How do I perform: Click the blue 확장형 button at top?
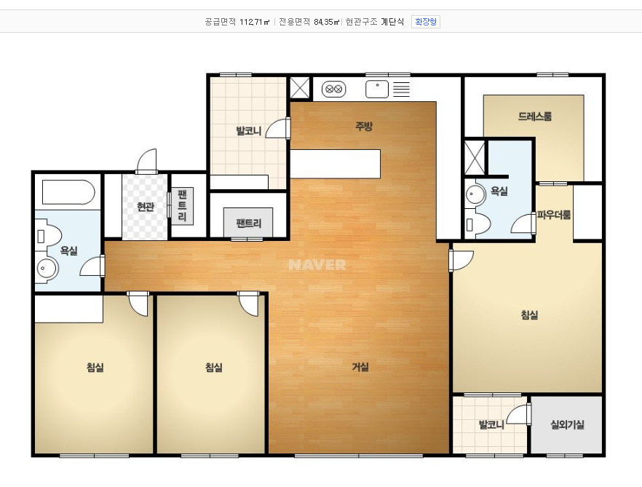coord(425,22)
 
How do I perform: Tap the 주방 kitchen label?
coord(364,126)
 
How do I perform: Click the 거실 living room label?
coord(360,367)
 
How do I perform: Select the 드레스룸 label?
coord(535,116)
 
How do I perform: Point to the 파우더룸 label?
coord(554,215)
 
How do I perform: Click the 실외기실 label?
coord(567,424)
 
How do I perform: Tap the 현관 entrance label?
coord(146,207)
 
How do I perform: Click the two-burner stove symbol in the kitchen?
coord(333,89)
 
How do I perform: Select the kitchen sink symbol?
coord(377,90)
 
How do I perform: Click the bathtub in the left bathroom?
coord(68,192)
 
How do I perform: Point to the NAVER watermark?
coord(317,264)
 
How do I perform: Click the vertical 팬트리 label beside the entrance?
coord(182,206)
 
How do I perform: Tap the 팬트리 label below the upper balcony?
coord(248,223)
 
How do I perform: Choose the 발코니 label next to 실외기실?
coord(491,424)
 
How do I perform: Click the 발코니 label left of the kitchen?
coord(248,131)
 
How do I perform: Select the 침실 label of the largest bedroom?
coord(529,315)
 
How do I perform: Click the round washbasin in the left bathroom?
coord(47,269)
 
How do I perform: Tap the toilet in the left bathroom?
coord(48,236)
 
